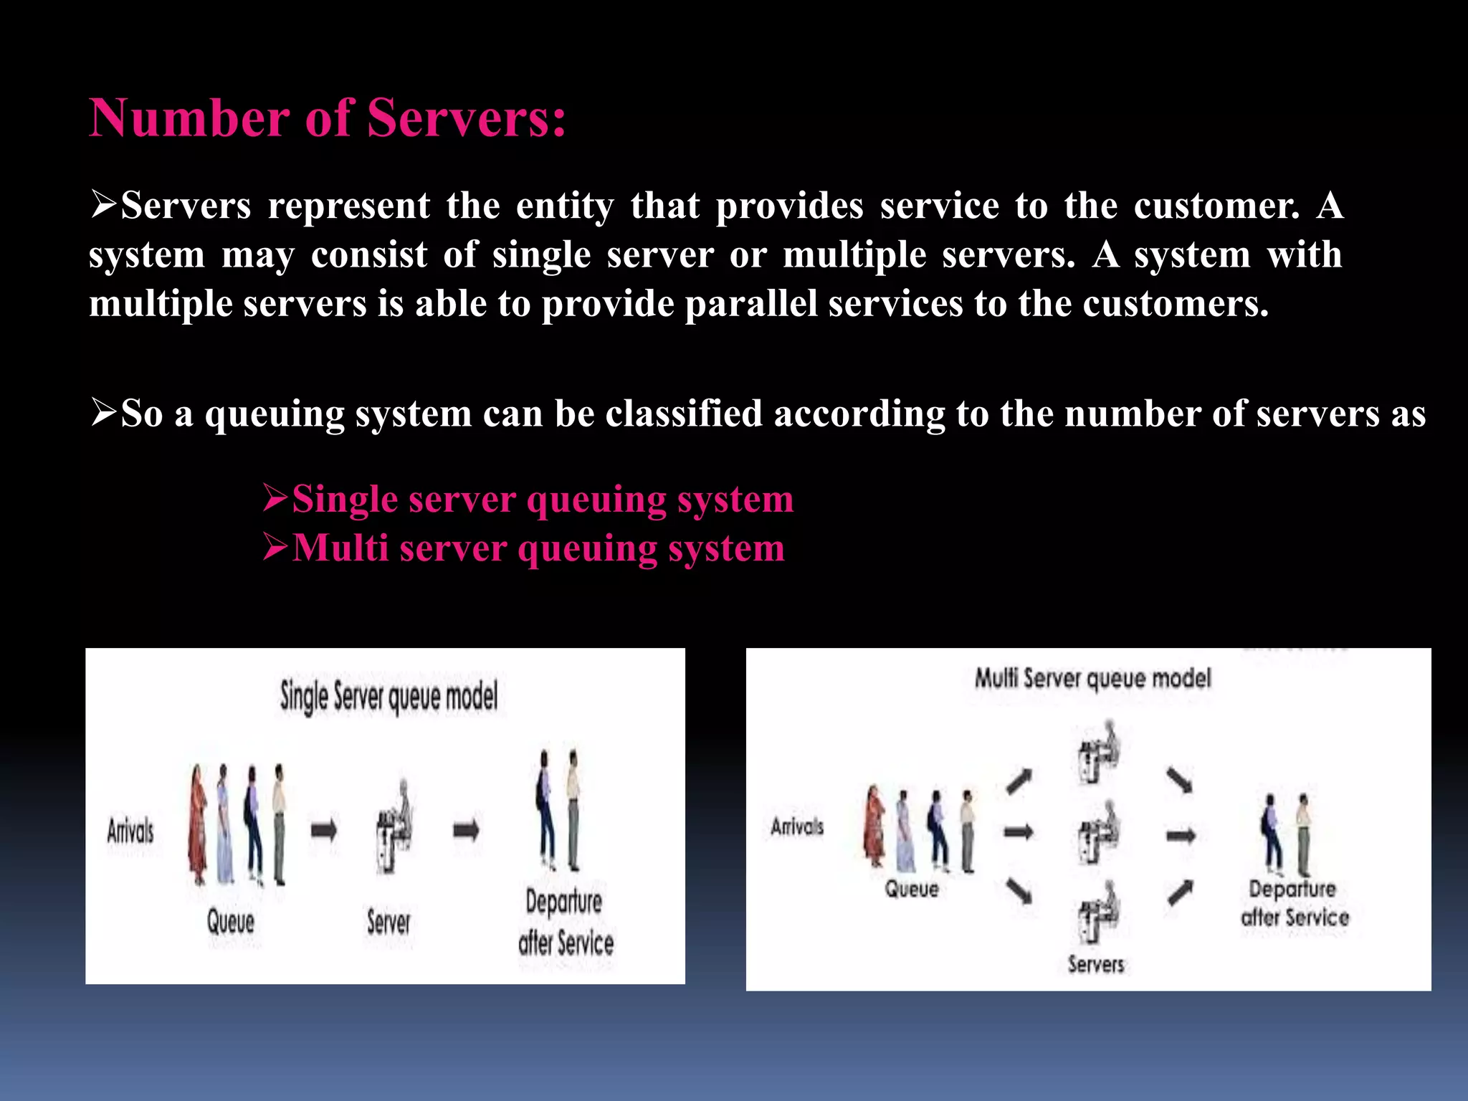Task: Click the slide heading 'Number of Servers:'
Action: pyautogui.click(x=328, y=118)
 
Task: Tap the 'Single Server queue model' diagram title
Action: pyautogui.click(x=389, y=697)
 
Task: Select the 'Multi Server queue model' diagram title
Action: pyautogui.click(x=1092, y=678)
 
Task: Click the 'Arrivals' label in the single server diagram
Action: pyautogui.click(x=130, y=831)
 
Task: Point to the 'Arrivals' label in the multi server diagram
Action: pyautogui.click(x=797, y=826)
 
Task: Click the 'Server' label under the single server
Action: pyautogui.click(x=389, y=922)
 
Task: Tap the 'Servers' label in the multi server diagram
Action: pyautogui.click(x=1096, y=964)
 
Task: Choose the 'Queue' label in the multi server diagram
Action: pyautogui.click(x=911, y=889)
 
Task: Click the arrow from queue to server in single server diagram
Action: pyautogui.click(x=324, y=831)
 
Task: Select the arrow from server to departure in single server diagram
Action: pyautogui.click(x=467, y=831)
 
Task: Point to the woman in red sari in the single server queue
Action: pyautogui.click(x=197, y=824)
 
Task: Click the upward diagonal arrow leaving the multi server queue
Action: pyautogui.click(x=1019, y=781)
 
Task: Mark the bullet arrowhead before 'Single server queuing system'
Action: pyautogui.click(x=275, y=497)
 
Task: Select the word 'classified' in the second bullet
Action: pyautogui.click(x=683, y=414)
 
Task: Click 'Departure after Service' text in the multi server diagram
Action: pyautogui.click(x=1294, y=903)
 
